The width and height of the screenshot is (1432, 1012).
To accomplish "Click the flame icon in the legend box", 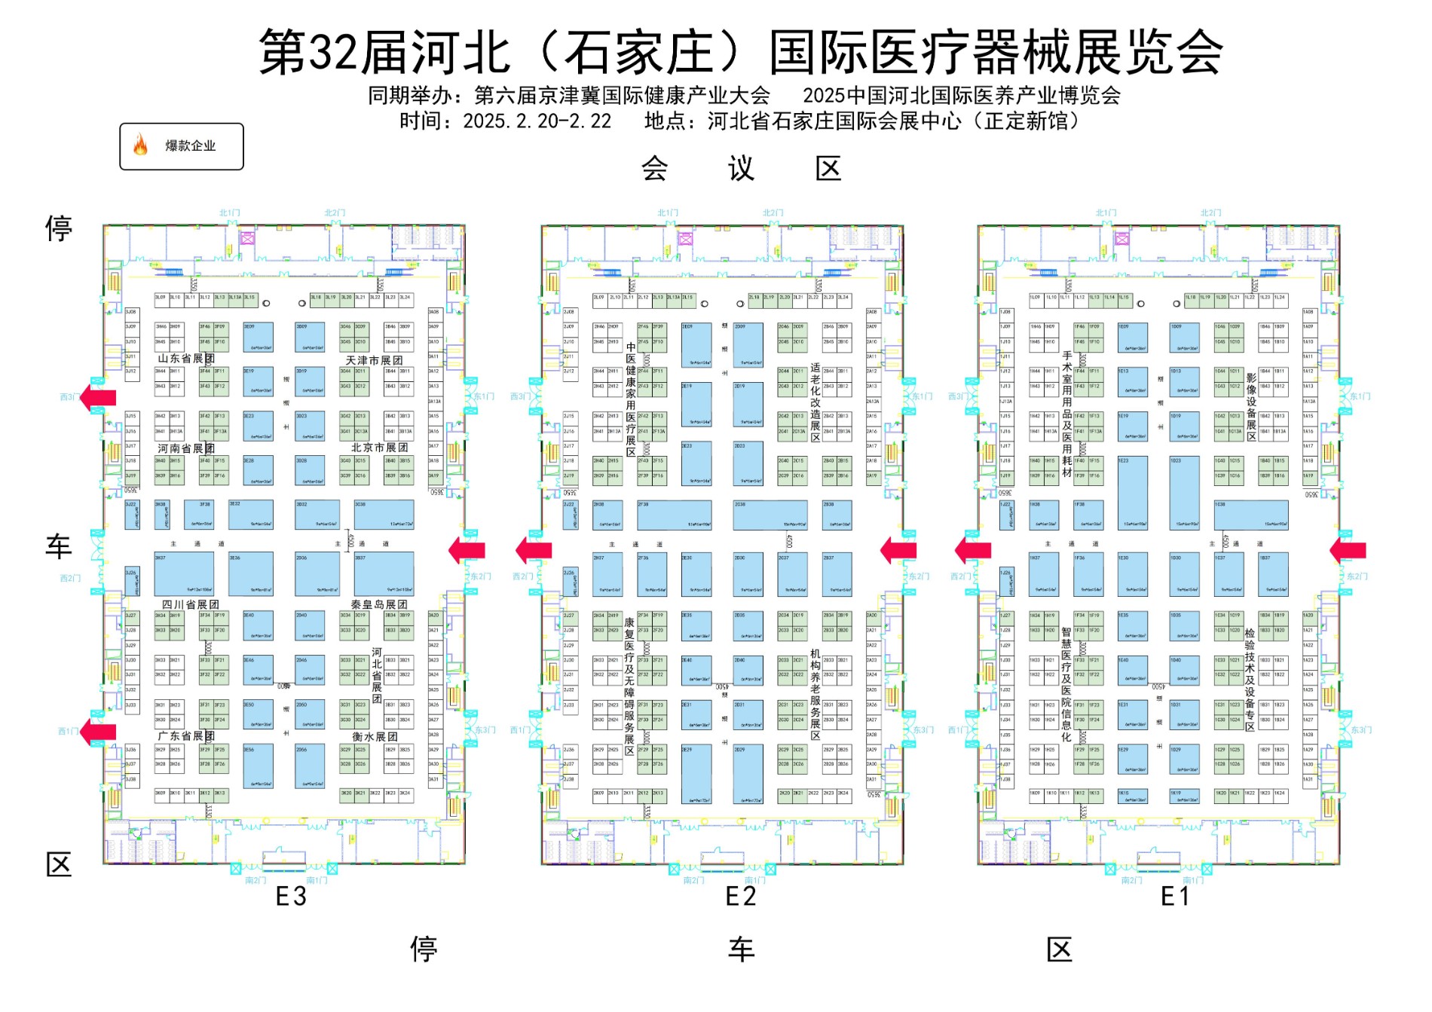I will tap(140, 145).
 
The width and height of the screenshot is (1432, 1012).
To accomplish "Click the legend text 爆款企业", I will tap(191, 146).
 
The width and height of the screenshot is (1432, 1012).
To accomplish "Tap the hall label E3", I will tap(291, 897).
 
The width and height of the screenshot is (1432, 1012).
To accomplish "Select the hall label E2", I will tap(740, 897).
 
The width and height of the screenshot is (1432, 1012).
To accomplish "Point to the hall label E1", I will tap(1174, 897).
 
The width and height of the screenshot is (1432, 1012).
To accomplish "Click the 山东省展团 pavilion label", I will tap(186, 359).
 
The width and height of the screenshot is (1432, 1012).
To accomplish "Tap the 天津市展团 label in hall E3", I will tap(374, 360).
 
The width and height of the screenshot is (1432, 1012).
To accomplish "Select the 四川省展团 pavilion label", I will tap(191, 604).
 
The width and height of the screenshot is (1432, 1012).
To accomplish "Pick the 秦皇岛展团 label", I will tap(378, 604).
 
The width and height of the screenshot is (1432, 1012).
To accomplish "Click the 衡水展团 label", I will tap(375, 736).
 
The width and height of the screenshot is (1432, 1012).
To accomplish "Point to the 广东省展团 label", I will tap(186, 735).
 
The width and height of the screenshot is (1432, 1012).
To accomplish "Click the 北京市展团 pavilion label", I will tap(379, 448).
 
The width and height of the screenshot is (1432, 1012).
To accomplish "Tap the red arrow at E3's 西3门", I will tap(98, 396).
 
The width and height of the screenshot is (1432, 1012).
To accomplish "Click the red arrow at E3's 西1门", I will tap(98, 731).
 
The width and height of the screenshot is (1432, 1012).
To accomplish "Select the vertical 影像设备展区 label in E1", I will tap(1251, 407).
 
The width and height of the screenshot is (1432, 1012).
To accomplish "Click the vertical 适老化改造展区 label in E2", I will tap(815, 402).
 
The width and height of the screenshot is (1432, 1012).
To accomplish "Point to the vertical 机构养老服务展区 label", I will tap(815, 694).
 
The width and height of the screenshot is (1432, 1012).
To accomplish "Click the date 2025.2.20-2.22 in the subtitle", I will tap(537, 121).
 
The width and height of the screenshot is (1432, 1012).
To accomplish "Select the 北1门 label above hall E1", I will tap(1106, 213).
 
